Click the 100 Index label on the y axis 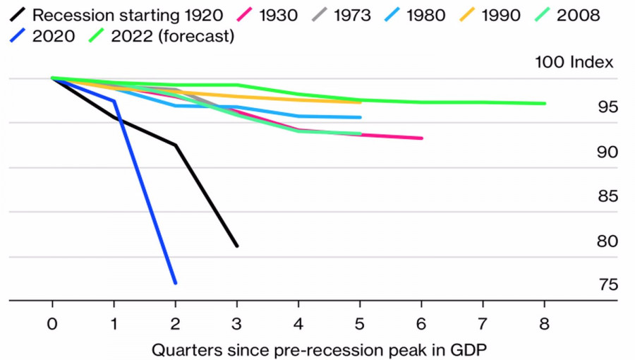click(574, 62)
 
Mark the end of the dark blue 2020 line click(175, 282)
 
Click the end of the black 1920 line click(237, 246)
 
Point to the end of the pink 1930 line click(421, 138)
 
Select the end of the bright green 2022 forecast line click(544, 104)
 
